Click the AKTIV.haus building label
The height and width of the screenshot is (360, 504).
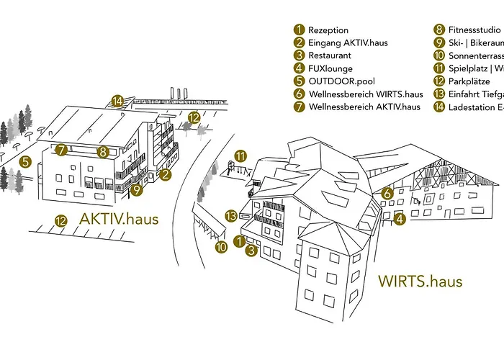[x=119, y=218]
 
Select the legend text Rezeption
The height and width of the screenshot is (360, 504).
[x=328, y=30]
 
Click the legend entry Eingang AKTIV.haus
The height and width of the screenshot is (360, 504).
[x=348, y=42]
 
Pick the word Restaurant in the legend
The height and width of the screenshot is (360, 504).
[x=330, y=55]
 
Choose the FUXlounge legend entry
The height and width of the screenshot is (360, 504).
[x=330, y=68]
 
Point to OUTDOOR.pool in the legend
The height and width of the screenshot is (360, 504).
[x=342, y=81]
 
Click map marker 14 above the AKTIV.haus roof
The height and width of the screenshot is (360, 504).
[x=117, y=101]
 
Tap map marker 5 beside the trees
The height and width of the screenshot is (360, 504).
[x=25, y=162]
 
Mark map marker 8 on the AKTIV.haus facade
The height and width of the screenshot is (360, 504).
[x=103, y=151]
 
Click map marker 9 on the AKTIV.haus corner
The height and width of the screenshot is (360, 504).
[x=137, y=191]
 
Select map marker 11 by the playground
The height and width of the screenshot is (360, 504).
[x=240, y=156]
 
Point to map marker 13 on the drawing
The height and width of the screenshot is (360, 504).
[x=231, y=215]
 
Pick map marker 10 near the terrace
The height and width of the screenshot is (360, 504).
[x=221, y=247]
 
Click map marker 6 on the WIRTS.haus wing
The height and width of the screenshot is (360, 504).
[x=387, y=192]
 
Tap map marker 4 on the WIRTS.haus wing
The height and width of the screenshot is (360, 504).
[x=400, y=218]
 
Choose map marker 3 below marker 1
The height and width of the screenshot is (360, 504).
[x=251, y=251]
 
